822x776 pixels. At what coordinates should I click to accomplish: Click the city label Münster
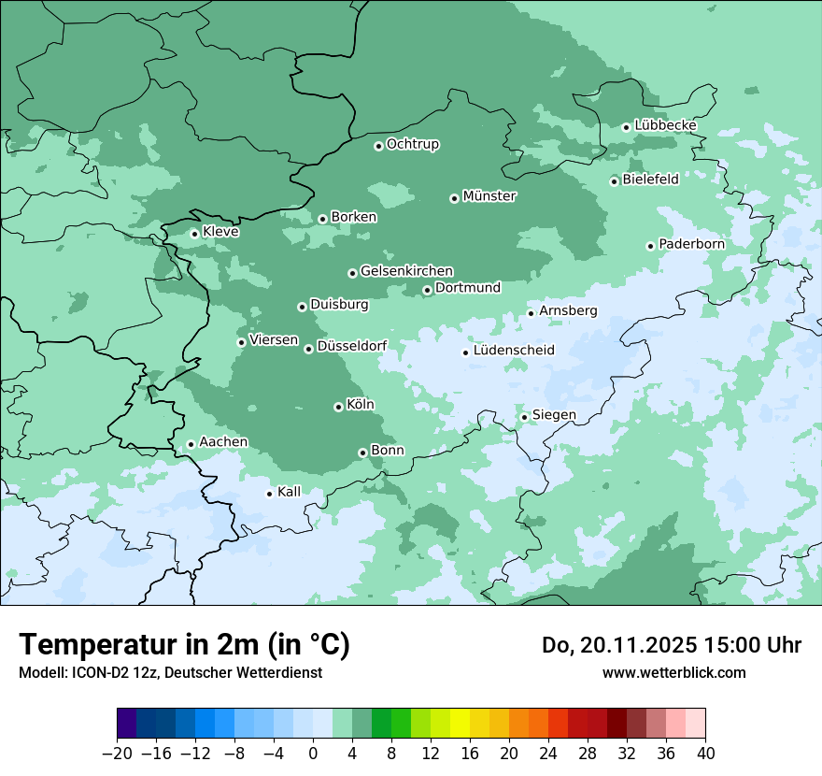[x=489, y=196]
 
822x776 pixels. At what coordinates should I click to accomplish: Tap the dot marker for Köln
[x=338, y=407]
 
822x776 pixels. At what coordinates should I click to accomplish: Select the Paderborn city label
[x=691, y=244]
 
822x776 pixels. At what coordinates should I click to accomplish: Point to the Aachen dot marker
[x=191, y=445]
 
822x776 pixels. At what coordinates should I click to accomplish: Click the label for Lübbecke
[x=665, y=125]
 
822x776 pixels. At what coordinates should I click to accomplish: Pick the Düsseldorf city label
[x=351, y=346]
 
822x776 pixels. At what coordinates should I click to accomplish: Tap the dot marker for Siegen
[x=524, y=417]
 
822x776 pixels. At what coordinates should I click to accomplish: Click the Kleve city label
[x=220, y=232]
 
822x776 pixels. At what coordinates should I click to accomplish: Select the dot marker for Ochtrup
[x=378, y=146]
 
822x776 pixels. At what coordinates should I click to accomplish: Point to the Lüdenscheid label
[x=514, y=351]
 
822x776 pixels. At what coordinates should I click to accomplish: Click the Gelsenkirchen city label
[x=406, y=271]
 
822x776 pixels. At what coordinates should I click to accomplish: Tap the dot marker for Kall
[x=269, y=494]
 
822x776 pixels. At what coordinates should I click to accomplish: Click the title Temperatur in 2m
[x=184, y=645]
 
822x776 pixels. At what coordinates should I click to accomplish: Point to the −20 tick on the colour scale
[x=118, y=754]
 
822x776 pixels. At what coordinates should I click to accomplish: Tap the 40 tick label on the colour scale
[x=705, y=754]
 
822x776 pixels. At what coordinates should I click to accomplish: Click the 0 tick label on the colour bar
[x=313, y=754]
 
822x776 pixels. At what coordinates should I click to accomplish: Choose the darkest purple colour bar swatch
[x=127, y=724]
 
